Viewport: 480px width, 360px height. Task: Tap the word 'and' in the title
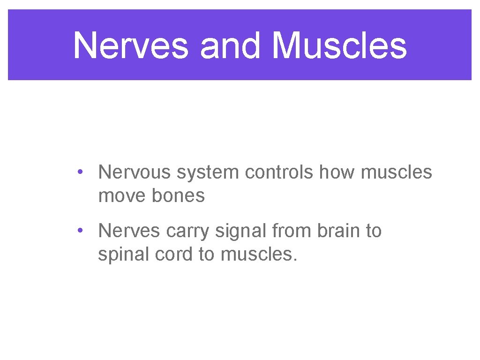click(x=230, y=46)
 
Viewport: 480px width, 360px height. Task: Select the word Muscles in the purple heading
click(x=339, y=46)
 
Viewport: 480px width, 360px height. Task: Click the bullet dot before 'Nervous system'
click(x=81, y=172)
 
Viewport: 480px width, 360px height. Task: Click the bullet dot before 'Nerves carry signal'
click(x=81, y=230)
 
